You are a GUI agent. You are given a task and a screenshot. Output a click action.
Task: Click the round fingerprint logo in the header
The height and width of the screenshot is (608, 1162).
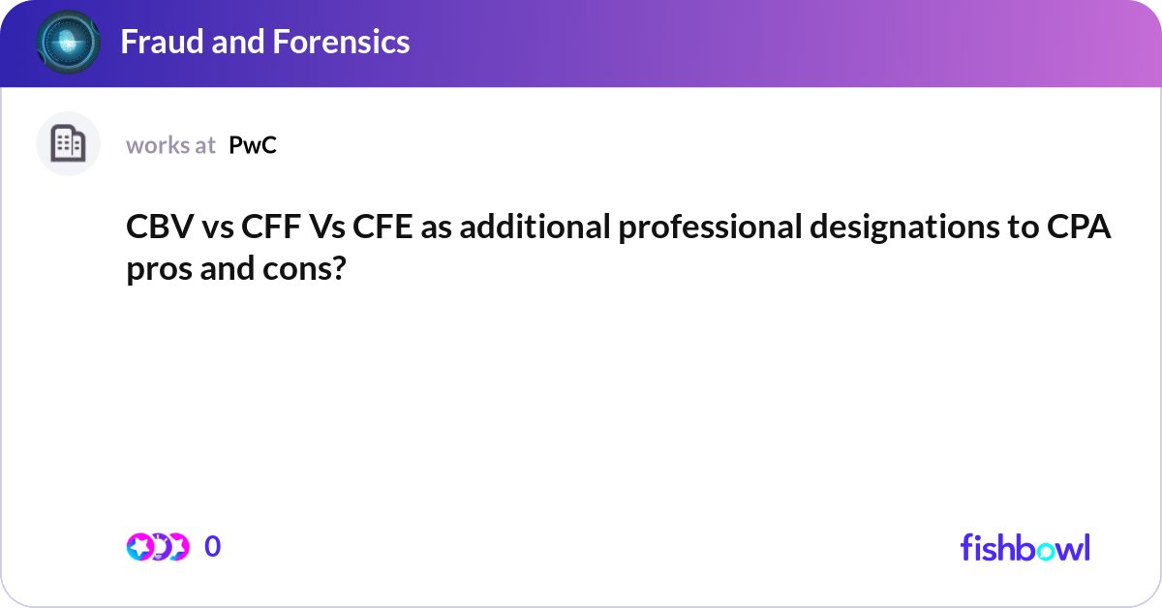tap(68, 43)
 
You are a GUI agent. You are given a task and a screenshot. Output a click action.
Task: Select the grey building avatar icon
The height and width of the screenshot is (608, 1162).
tap(68, 144)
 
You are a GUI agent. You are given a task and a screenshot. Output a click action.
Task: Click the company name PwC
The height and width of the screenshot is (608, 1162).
tap(253, 145)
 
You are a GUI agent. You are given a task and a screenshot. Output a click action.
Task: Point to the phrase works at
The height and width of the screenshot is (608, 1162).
tap(170, 145)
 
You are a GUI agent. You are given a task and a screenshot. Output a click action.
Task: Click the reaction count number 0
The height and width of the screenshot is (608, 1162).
tap(213, 547)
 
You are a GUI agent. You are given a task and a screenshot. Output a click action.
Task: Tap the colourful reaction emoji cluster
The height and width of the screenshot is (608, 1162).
tap(157, 547)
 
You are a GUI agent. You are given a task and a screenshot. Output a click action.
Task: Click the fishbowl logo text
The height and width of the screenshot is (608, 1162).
tap(1024, 547)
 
